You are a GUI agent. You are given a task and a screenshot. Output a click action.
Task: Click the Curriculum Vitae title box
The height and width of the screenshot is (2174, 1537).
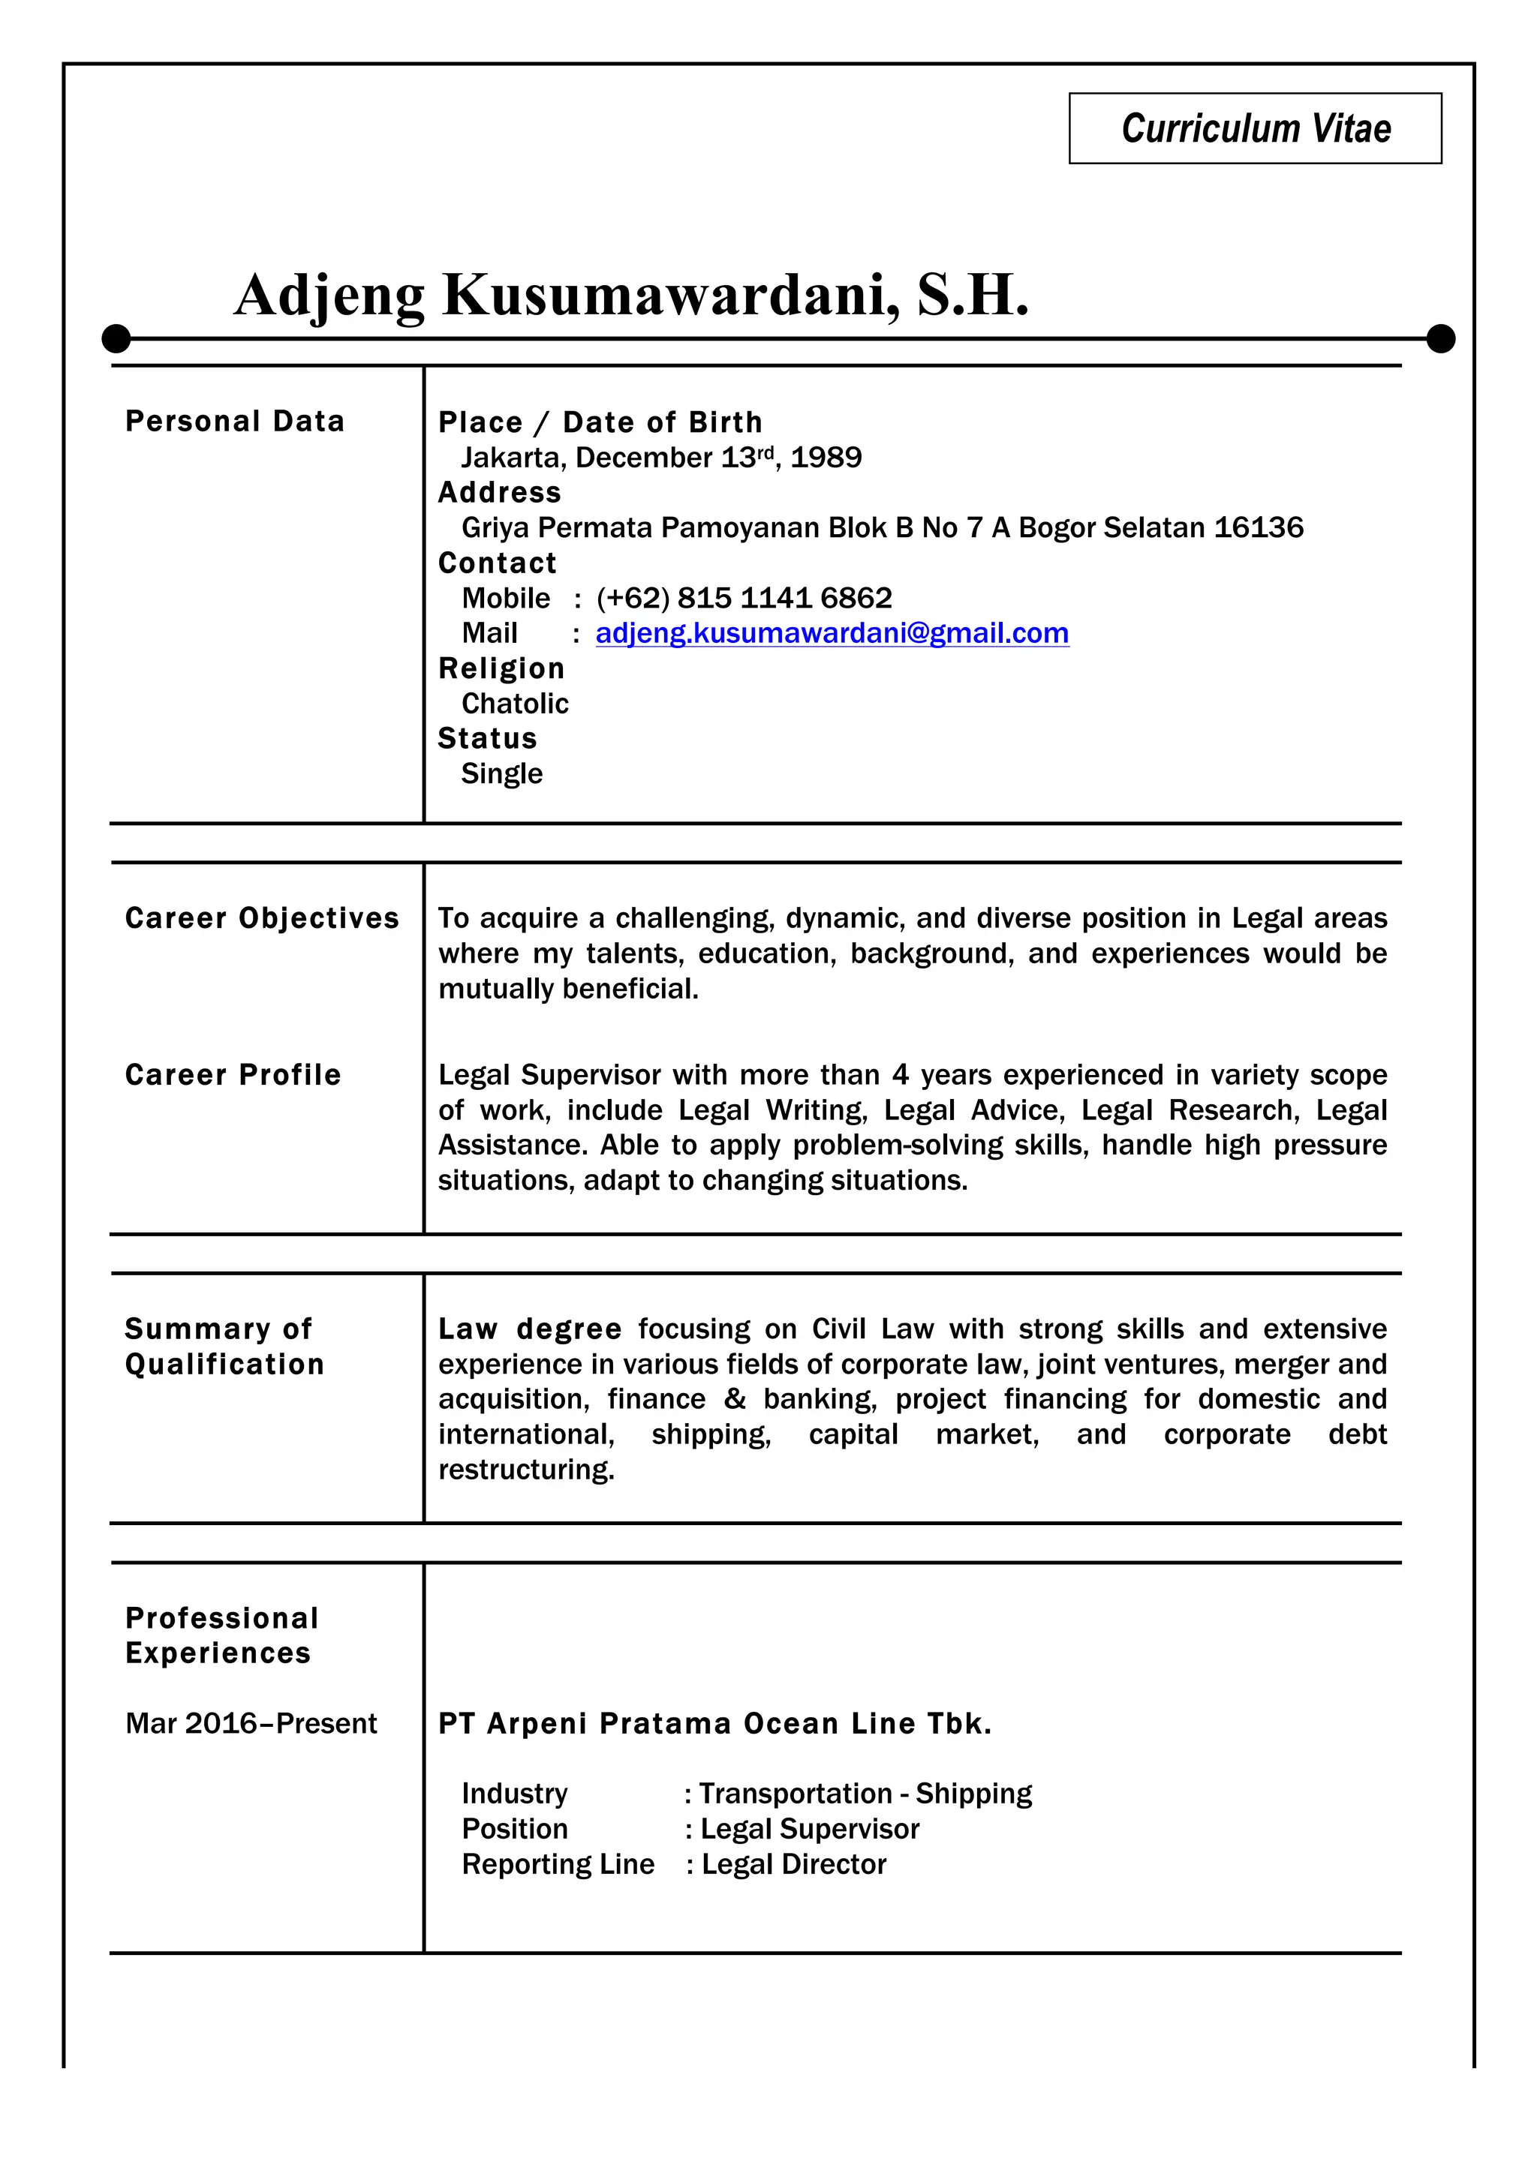click(x=1255, y=129)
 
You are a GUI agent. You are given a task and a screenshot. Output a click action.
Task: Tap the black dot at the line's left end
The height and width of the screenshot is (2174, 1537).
click(x=116, y=338)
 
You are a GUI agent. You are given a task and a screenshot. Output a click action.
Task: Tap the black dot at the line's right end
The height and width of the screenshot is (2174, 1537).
click(x=1439, y=338)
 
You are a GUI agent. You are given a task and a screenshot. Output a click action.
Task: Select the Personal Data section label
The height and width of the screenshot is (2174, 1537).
click(x=235, y=422)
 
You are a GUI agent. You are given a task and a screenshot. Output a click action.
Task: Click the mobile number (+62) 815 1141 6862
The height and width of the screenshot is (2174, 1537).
click(x=744, y=599)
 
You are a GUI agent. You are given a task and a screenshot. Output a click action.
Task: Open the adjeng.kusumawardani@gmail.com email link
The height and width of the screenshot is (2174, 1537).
click(x=832, y=633)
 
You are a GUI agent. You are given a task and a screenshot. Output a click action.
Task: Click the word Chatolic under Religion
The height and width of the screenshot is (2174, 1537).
click(x=514, y=704)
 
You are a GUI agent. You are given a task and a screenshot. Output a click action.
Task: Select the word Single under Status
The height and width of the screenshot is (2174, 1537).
click(x=502, y=773)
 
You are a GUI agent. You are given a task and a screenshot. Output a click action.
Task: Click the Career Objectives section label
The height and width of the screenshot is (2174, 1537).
click(x=261, y=918)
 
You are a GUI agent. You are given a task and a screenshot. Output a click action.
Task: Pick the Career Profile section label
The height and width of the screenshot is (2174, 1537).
click(x=233, y=1075)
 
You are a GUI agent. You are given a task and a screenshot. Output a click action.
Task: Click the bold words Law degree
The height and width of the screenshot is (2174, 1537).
click(x=529, y=1329)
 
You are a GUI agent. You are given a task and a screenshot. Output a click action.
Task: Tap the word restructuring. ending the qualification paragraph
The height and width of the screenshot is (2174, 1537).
click(x=527, y=1470)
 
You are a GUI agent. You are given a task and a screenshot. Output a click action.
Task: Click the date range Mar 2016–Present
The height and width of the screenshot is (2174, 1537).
click(x=251, y=1723)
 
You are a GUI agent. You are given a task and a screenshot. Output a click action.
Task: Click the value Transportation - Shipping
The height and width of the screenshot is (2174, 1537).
click(x=865, y=1794)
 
